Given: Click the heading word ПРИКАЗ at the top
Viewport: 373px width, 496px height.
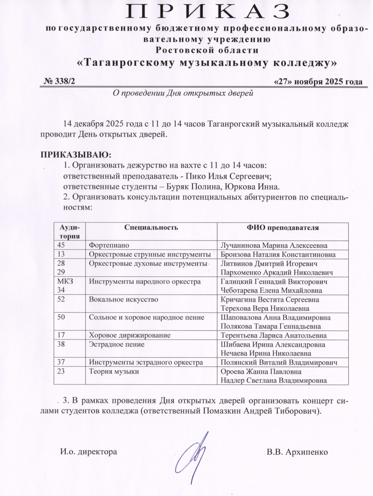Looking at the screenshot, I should [x=208, y=12].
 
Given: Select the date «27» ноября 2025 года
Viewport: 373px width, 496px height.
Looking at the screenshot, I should [x=318, y=82].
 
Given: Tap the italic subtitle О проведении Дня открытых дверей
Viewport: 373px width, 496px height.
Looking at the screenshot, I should [x=183, y=93].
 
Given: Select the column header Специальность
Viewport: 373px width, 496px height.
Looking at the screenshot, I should [x=151, y=227].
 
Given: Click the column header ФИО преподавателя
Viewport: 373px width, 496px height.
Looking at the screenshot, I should [x=283, y=227].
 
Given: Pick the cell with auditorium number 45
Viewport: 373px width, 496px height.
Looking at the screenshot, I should [x=61, y=245].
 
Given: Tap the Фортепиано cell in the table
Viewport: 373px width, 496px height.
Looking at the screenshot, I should [x=109, y=245].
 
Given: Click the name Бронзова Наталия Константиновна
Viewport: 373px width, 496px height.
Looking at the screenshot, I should [x=278, y=255].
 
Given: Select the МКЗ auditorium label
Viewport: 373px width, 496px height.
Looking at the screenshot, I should [x=65, y=281].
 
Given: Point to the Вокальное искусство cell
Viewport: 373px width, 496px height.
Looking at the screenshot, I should [x=123, y=300].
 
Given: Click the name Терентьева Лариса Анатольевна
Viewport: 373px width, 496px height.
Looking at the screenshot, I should [x=273, y=336].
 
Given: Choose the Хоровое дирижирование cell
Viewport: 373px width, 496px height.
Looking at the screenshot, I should [x=130, y=335].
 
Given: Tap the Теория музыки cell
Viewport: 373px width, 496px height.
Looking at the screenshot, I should [x=114, y=371].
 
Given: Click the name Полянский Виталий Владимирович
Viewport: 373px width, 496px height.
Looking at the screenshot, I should [x=279, y=362].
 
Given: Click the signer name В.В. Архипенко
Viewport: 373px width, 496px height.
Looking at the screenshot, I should [x=297, y=452].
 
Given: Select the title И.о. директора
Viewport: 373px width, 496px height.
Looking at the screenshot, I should [x=88, y=452].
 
